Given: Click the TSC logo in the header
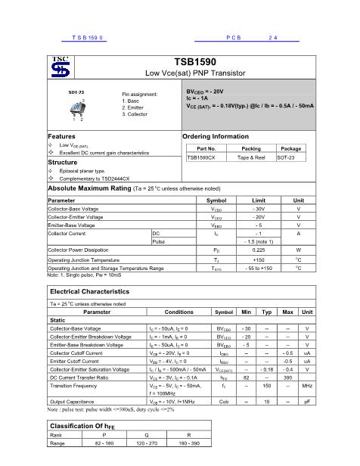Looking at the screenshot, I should [60, 67].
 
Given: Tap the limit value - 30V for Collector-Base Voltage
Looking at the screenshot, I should [247, 208].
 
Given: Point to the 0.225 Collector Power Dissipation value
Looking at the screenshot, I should [247, 249].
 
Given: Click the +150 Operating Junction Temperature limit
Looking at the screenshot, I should [247, 259].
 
